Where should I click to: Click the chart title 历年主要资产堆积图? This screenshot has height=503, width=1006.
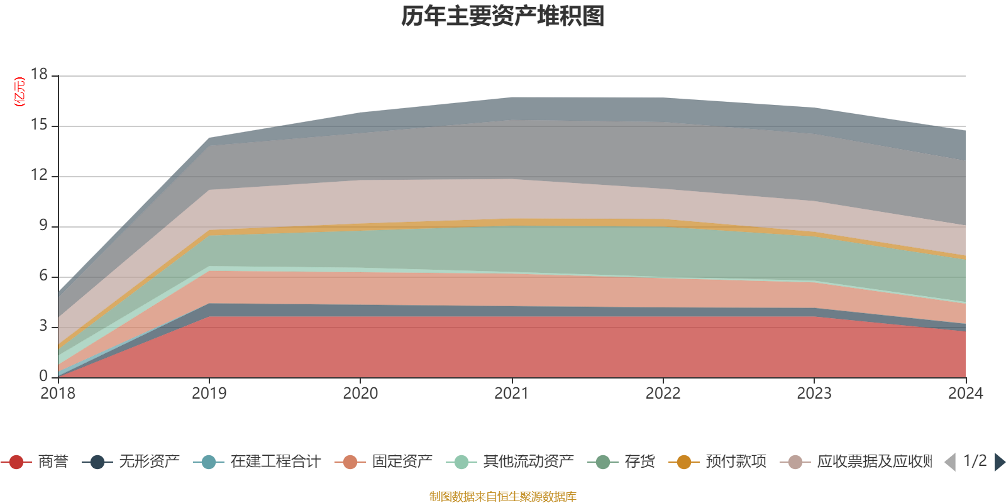tap(503, 16)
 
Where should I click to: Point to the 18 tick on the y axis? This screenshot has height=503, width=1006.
tap(39, 74)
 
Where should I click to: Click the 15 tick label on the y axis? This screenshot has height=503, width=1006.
tap(39, 125)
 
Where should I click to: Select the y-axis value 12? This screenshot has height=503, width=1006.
tap(39, 175)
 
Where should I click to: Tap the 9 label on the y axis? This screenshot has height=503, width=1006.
tap(43, 226)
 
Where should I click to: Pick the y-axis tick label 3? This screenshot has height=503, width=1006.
tap(43, 326)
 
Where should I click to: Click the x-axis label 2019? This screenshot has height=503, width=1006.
tap(209, 394)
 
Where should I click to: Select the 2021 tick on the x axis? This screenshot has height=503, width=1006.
tap(511, 394)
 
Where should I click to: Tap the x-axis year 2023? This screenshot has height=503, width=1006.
tap(814, 394)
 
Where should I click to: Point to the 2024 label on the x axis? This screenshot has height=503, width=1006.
tap(965, 394)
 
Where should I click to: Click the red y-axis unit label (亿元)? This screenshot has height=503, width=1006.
tap(19, 92)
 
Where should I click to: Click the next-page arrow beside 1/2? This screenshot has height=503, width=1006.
tap(999, 462)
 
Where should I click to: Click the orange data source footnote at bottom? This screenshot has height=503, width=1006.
tap(503, 497)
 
